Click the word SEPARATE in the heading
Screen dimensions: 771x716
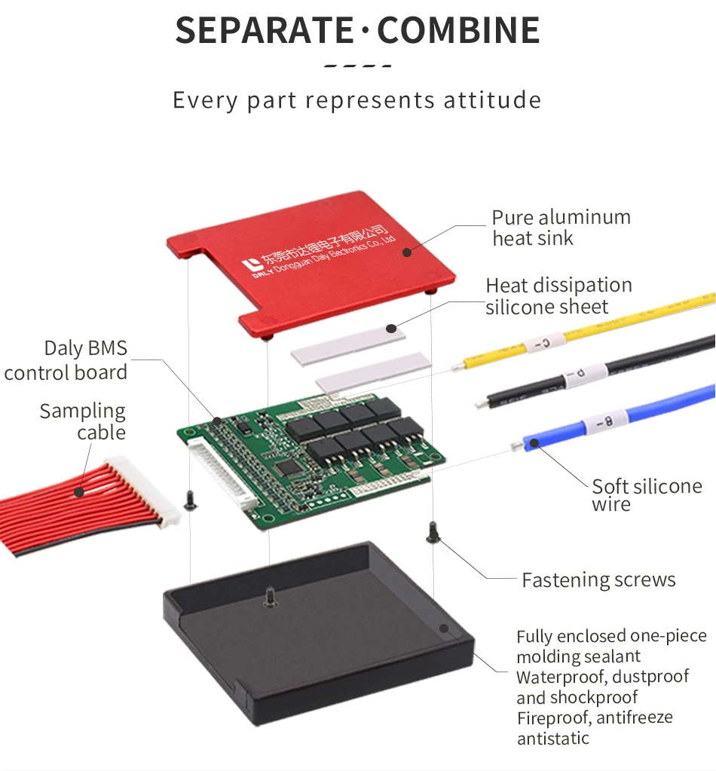264,29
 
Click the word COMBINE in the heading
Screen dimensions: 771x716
459,29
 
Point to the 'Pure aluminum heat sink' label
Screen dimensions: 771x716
561,228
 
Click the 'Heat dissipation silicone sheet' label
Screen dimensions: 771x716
558,296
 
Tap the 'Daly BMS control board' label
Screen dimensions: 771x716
66,360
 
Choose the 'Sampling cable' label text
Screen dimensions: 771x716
83,421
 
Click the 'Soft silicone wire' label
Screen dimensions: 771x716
646,494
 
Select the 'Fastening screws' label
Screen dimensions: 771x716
598,580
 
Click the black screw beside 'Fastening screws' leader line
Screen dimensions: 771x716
433,533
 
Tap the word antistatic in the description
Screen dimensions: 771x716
553,739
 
